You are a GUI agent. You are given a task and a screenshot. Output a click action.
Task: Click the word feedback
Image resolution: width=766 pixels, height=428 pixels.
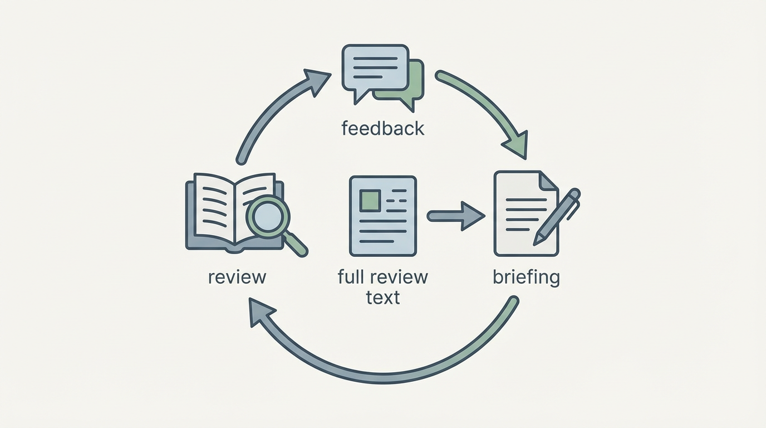coord(382,129)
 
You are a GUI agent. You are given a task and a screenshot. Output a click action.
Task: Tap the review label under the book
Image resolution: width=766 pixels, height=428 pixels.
coord(237,276)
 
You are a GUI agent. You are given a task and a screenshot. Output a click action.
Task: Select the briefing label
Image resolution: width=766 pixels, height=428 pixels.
coord(526,276)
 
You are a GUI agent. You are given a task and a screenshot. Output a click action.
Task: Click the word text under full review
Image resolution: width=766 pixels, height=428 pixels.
coord(383,297)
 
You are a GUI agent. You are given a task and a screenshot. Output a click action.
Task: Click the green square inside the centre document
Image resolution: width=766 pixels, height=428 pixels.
coord(370,200)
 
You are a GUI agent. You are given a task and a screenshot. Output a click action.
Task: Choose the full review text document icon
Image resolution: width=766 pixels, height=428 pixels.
coord(383,216)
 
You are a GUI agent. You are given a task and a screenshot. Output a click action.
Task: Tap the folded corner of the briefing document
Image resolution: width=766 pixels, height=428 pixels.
coord(548,180)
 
